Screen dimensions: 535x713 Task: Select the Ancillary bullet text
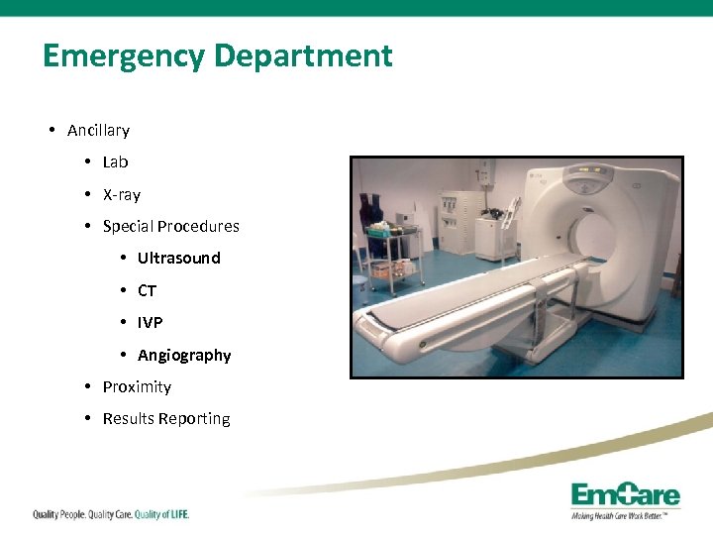(x=98, y=131)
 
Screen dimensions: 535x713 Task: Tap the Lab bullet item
(x=115, y=162)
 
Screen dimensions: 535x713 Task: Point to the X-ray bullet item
(x=121, y=195)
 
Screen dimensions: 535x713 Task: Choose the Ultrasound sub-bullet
(x=178, y=259)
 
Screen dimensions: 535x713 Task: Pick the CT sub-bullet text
(x=147, y=291)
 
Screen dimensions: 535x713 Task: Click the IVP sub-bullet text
(x=150, y=323)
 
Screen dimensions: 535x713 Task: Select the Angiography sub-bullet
(x=184, y=356)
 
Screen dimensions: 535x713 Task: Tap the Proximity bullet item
(x=137, y=387)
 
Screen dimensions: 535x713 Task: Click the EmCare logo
(x=624, y=498)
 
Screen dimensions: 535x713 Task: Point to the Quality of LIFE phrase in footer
(x=161, y=514)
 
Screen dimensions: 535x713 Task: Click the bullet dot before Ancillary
(x=51, y=131)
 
